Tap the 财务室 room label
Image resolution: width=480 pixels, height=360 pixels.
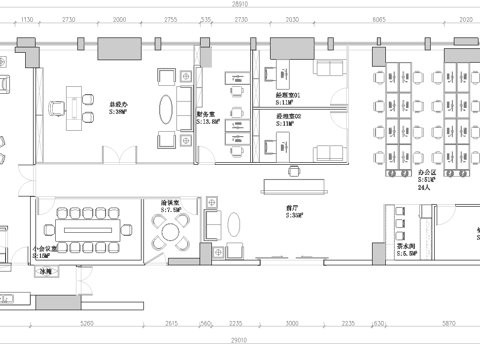click(x=207, y=115)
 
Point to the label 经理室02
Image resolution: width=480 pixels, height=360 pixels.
click(x=290, y=115)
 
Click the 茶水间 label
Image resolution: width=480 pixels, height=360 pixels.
click(x=406, y=248)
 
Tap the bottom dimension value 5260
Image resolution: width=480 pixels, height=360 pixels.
click(x=87, y=324)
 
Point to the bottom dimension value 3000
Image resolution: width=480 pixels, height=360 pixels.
click(x=292, y=324)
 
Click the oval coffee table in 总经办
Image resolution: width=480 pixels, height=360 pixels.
click(x=186, y=103)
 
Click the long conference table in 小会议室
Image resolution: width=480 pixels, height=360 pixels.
click(x=87, y=217)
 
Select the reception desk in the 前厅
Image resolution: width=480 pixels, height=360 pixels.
click(x=296, y=185)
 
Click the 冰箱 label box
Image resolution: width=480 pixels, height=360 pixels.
click(x=45, y=271)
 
